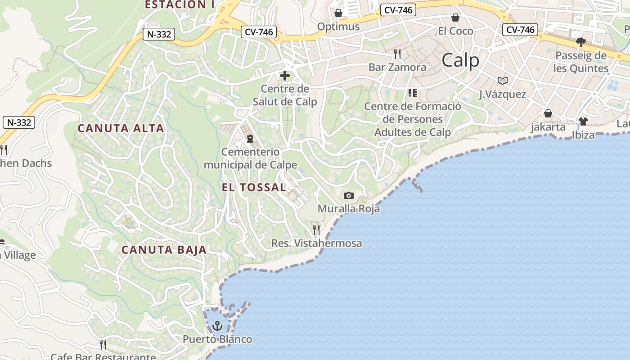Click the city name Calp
pos(460,60)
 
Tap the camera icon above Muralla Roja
pos(348,195)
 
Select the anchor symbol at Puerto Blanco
pos(217,325)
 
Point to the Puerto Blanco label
pos(217,339)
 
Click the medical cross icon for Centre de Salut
pos(285,76)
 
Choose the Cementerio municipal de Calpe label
pos(250,158)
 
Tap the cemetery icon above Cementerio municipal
pos(250,139)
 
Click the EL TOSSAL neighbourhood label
pos(254,187)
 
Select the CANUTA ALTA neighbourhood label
pos(121,128)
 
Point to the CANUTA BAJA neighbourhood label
pos(164,250)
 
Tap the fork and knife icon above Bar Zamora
pos(397,54)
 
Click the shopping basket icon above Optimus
pos(338,13)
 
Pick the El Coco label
pos(455,31)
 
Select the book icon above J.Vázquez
pos(502,81)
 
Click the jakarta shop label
pos(548,127)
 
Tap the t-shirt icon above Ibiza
pos(583,121)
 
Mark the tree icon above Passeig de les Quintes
pos(581,42)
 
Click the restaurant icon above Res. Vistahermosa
pos(316,230)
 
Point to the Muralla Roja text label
pos(349,209)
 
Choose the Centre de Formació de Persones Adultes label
pos(413,119)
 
